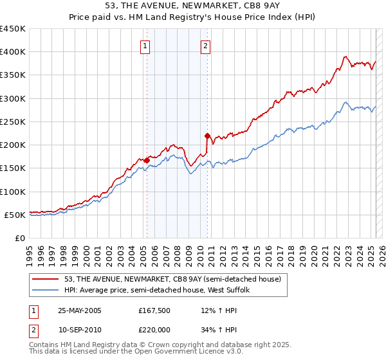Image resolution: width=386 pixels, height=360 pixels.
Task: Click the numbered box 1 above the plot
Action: pyautogui.click(x=146, y=46)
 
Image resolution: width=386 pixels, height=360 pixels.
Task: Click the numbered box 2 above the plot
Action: pyautogui.click(x=205, y=46)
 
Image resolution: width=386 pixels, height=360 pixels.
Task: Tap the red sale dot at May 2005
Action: pyautogui.click(x=147, y=160)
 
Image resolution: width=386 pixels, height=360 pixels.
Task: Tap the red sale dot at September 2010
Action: pyautogui.click(x=207, y=136)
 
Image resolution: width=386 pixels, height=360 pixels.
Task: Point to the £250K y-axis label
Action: pyautogui.click(x=13, y=122)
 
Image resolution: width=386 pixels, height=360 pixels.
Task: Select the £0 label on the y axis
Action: pyautogui.click(x=19, y=238)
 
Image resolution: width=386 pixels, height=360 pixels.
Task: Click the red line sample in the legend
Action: pyautogui.click(x=46, y=280)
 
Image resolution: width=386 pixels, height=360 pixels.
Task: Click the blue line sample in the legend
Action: pyautogui.click(x=46, y=291)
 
